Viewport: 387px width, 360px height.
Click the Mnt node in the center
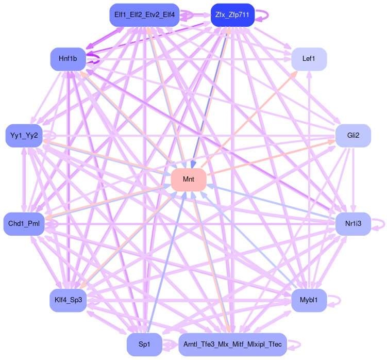pos(188,179)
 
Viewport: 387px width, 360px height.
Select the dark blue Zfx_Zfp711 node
pos(232,15)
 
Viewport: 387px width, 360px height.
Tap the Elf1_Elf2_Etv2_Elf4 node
pos(144,15)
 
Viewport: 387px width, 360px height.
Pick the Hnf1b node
pos(68,59)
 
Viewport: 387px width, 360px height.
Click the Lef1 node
pos(309,59)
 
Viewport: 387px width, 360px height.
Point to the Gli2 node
pos(353,136)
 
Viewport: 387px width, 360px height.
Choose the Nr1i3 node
pos(353,223)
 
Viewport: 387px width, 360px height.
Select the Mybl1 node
pos(309,300)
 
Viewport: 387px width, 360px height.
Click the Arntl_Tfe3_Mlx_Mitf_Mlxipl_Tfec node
pos(232,344)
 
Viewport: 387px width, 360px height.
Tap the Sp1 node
pos(144,344)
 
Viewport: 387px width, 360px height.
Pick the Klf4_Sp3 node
pos(68,300)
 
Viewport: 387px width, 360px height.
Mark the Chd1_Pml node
pos(24,223)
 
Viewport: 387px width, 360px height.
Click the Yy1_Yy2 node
pos(24,136)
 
